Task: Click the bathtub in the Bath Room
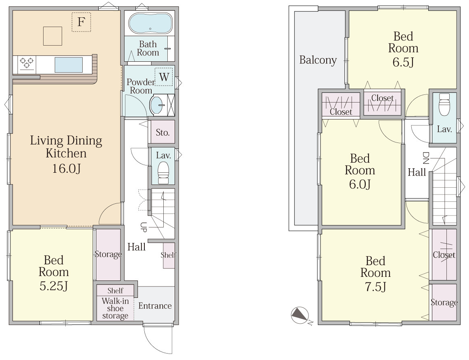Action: click(x=150, y=23)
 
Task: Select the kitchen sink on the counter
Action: click(x=69, y=65)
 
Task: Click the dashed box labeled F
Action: click(x=81, y=22)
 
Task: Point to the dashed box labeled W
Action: click(x=163, y=77)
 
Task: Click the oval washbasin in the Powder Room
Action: click(x=156, y=105)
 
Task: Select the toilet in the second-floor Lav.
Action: click(x=444, y=105)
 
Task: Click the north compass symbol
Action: click(x=300, y=316)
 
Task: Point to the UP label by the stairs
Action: click(x=144, y=227)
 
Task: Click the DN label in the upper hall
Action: click(x=425, y=158)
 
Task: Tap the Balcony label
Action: click(x=318, y=60)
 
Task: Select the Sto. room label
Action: click(x=163, y=132)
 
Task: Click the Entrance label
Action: click(x=155, y=306)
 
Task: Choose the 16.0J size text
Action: click(x=67, y=168)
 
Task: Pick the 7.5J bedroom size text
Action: click(x=375, y=287)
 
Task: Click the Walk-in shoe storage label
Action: click(x=115, y=308)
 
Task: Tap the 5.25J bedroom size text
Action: click(x=54, y=286)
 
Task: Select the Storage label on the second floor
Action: click(x=444, y=302)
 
